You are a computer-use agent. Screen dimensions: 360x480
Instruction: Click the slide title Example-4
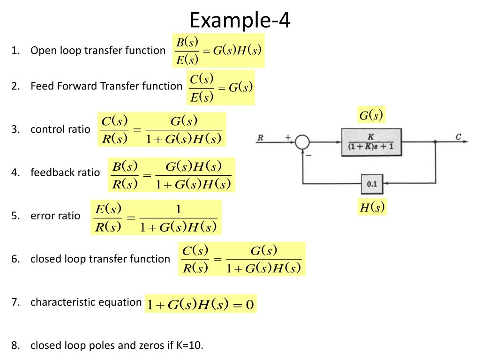[240, 20]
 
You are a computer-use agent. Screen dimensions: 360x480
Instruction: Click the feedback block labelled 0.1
[372, 184]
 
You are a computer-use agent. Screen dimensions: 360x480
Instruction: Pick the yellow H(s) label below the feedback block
[372, 208]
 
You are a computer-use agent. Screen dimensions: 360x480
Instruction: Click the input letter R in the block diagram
[261, 138]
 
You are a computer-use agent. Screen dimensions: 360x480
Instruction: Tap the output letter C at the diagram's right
[458, 137]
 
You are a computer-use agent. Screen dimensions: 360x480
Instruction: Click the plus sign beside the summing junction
[288, 138]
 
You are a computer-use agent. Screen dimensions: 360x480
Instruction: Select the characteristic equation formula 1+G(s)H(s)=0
[201, 305]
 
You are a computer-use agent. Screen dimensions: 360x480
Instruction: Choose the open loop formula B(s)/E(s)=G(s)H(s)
[218, 51]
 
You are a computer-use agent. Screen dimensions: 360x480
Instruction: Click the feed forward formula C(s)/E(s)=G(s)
[220, 87]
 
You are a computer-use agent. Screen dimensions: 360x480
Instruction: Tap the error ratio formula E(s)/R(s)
[156, 217]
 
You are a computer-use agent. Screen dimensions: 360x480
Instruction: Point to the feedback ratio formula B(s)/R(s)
[171, 175]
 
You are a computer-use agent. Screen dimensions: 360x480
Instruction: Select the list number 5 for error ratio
[15, 216]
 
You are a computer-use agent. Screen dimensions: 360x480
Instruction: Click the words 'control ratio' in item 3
[60, 129]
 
